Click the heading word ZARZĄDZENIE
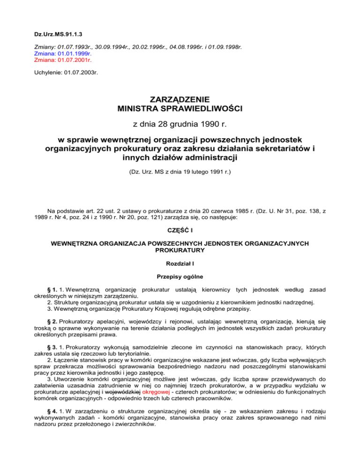[180, 99]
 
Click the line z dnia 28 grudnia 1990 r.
[180, 124]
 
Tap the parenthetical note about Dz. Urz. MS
[180, 172]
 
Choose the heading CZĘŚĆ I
[180, 230]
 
